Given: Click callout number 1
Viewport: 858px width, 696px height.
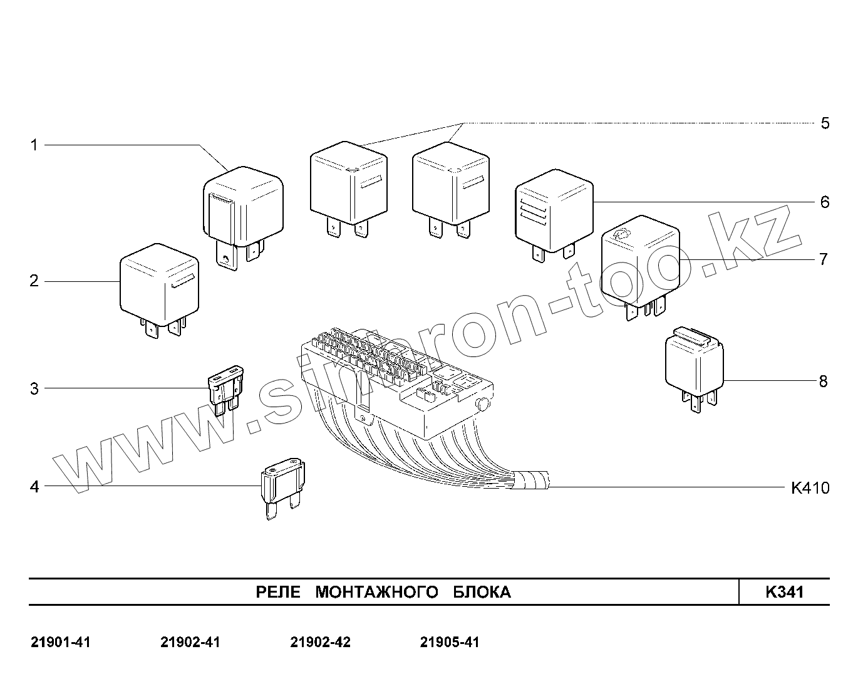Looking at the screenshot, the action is click(x=34, y=145).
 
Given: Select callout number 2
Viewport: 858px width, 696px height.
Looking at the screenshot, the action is click(x=34, y=281).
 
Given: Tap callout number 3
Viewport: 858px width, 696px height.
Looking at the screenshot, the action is click(x=34, y=388).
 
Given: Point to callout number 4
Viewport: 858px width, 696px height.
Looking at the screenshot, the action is click(x=34, y=487).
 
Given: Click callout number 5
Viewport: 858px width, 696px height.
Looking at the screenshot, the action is click(x=825, y=123).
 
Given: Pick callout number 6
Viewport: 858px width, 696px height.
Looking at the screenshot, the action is click(x=825, y=202).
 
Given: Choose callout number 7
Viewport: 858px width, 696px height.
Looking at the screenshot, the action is click(x=824, y=259).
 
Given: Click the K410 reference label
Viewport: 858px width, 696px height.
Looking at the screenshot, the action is click(x=810, y=487).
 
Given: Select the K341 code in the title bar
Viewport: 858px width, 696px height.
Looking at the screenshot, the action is click(x=784, y=592).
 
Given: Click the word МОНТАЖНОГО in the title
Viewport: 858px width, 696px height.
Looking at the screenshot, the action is click(x=376, y=592).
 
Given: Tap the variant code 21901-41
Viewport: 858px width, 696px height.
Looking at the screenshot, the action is click(x=61, y=642).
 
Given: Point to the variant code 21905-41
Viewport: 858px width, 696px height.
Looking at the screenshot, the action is click(x=450, y=642).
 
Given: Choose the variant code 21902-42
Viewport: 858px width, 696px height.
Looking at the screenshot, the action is click(x=321, y=642).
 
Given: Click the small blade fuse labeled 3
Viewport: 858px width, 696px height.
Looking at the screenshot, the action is click(x=225, y=392).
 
